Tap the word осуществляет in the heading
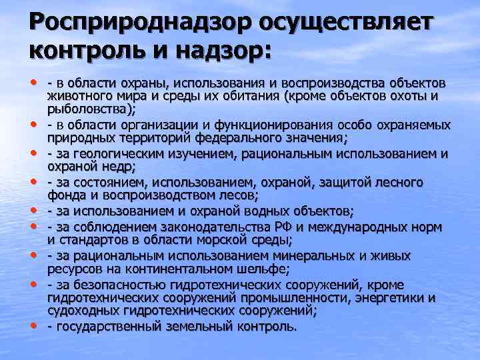click(x=338, y=23)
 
